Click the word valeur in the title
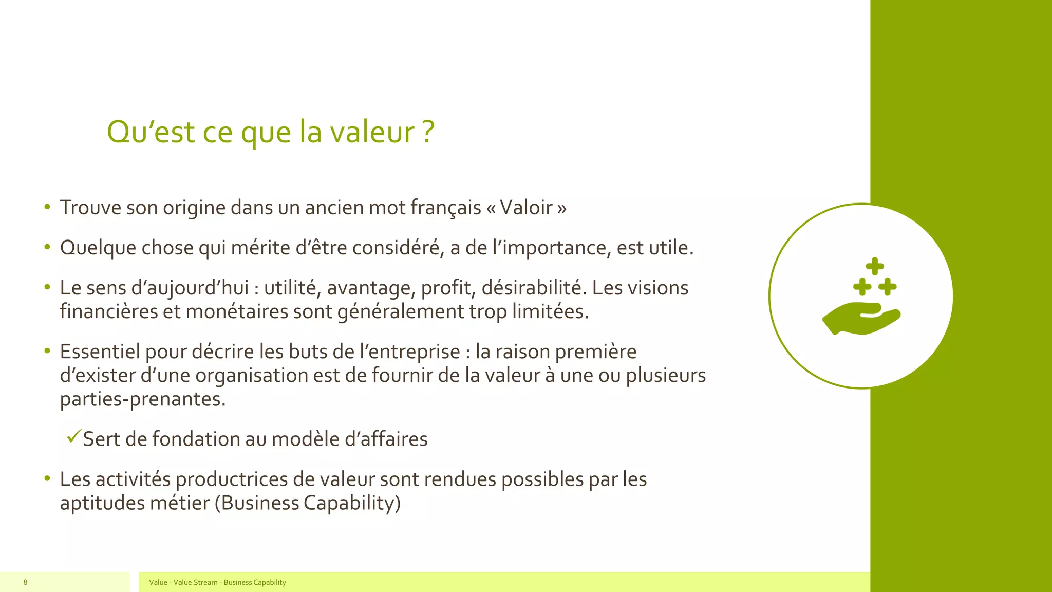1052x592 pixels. coord(372,132)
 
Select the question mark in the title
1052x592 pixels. coord(429,132)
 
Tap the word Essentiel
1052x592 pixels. coord(100,351)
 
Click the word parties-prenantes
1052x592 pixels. coord(143,399)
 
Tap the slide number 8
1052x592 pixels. coord(25,582)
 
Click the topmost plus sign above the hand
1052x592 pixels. coord(874,266)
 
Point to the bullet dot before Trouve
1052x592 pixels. coord(47,207)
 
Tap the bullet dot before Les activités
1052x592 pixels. coord(47,478)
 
